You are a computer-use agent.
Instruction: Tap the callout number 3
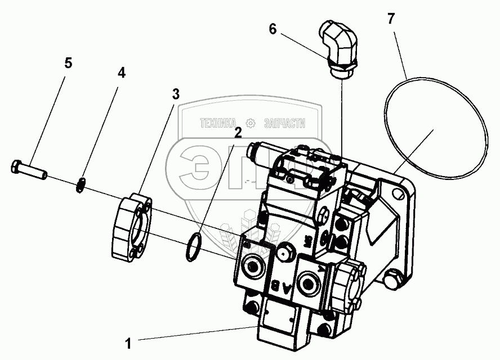point(176,94)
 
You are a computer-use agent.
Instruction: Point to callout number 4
point(121,73)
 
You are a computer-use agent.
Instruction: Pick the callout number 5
point(68,62)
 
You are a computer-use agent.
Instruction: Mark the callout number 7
point(391,19)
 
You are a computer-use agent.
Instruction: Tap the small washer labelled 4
point(81,184)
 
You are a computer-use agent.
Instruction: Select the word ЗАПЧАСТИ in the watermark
point(284,122)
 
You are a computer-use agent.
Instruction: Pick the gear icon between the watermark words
point(251,122)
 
